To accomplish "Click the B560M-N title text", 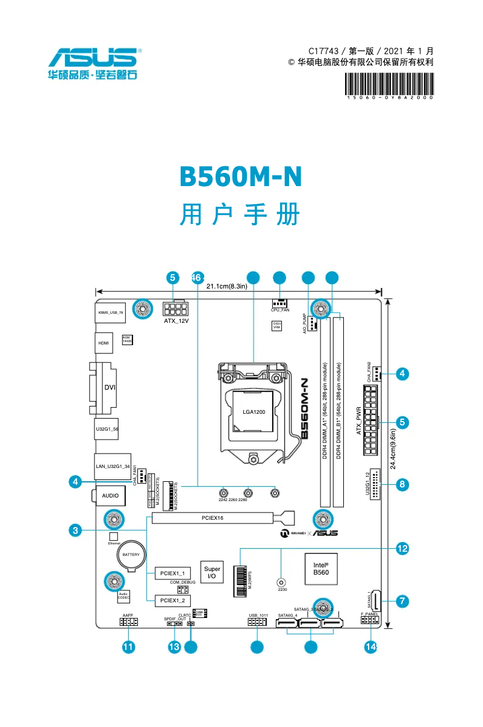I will point(240,176).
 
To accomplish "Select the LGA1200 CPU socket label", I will point(254,412).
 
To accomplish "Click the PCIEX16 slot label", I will point(212,517).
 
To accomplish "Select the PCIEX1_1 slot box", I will point(173,573).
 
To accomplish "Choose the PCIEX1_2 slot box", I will point(173,601).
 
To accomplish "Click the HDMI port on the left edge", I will point(104,343).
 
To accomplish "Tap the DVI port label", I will point(110,387).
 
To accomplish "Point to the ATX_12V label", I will point(176,321).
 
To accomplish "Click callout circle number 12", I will point(403,548).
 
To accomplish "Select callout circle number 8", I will point(403,483).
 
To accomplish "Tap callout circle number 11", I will point(128,647).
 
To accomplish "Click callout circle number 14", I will point(370,647).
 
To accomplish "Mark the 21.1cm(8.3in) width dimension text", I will point(227,286).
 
